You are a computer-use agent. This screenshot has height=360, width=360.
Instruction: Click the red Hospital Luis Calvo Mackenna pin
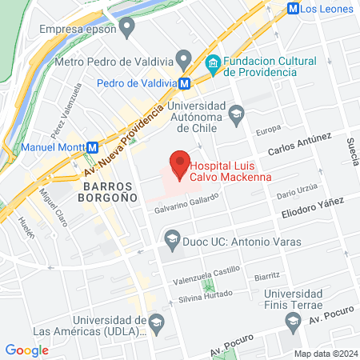point(179,163)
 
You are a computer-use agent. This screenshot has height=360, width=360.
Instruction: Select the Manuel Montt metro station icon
point(94,147)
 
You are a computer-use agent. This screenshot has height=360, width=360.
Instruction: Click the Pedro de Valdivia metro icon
point(185,82)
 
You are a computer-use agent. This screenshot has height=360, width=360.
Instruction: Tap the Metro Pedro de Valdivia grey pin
point(185,60)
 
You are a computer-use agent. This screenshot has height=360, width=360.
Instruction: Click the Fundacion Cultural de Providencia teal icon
point(214,62)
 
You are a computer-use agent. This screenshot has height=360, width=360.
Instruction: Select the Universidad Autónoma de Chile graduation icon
point(235,115)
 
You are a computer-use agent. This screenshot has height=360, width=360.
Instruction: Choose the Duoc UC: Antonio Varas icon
point(171,238)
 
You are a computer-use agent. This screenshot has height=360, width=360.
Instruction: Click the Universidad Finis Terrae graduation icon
point(292,322)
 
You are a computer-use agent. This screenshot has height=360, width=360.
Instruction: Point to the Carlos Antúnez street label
point(298,145)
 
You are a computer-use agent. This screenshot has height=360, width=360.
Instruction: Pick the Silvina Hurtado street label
point(208,296)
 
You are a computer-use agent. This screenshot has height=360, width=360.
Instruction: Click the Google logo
point(26,350)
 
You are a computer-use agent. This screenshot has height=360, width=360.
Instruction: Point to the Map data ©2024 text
point(325,353)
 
